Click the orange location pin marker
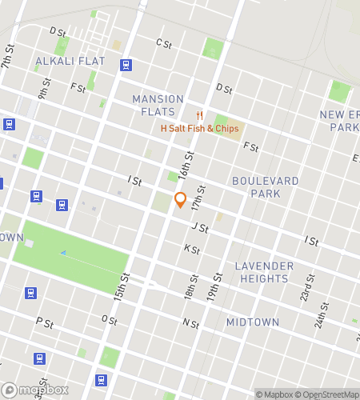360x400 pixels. pyautogui.click(x=180, y=199)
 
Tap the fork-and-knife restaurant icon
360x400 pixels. pyautogui.click(x=200, y=115)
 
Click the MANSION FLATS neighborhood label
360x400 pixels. pyautogui.click(x=158, y=105)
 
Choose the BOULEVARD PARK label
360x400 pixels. pyautogui.click(x=265, y=187)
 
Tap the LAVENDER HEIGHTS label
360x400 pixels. pyautogui.click(x=264, y=272)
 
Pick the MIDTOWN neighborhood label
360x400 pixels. pyautogui.click(x=253, y=322)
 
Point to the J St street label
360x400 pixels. pyautogui.click(x=200, y=228)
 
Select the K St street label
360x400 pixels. pyautogui.click(x=191, y=249)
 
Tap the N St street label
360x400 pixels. pyautogui.click(x=190, y=323)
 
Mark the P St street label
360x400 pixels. pyautogui.click(x=44, y=323)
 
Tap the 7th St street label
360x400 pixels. pyautogui.click(x=8, y=56)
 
